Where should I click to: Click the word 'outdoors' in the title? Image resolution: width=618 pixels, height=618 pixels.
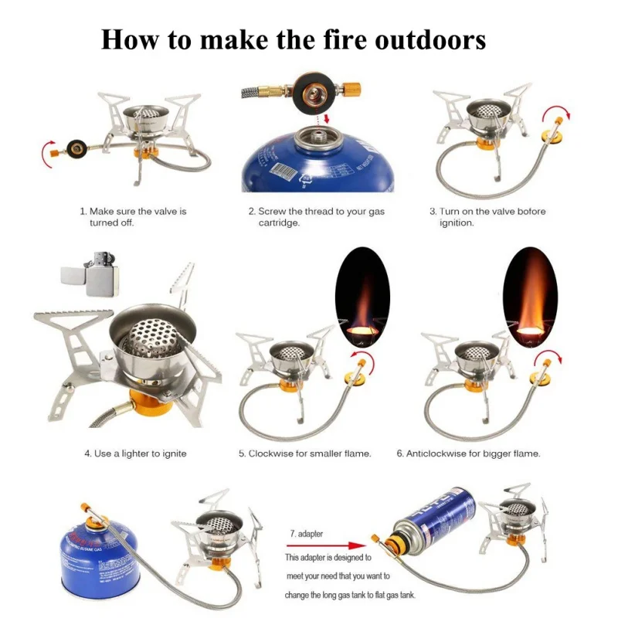430,40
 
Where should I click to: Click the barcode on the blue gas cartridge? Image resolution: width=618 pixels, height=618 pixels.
282,171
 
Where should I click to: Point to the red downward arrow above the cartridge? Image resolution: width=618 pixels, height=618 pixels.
326,118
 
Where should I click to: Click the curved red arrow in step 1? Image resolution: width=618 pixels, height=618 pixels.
46,153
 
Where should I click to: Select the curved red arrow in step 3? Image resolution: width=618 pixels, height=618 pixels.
555,110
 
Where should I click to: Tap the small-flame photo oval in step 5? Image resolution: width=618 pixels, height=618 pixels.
362,297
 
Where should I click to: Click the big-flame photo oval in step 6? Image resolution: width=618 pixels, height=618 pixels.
531,297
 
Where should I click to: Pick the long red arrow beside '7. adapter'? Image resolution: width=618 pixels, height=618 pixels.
326,545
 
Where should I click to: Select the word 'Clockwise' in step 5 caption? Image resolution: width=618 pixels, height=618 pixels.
271,453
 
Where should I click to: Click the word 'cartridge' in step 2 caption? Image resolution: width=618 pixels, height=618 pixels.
278,222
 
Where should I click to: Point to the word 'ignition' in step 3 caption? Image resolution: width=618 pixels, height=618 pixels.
456,222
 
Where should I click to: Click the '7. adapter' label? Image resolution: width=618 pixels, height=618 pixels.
306,534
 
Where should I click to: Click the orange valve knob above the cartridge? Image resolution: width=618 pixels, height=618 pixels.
352,90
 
